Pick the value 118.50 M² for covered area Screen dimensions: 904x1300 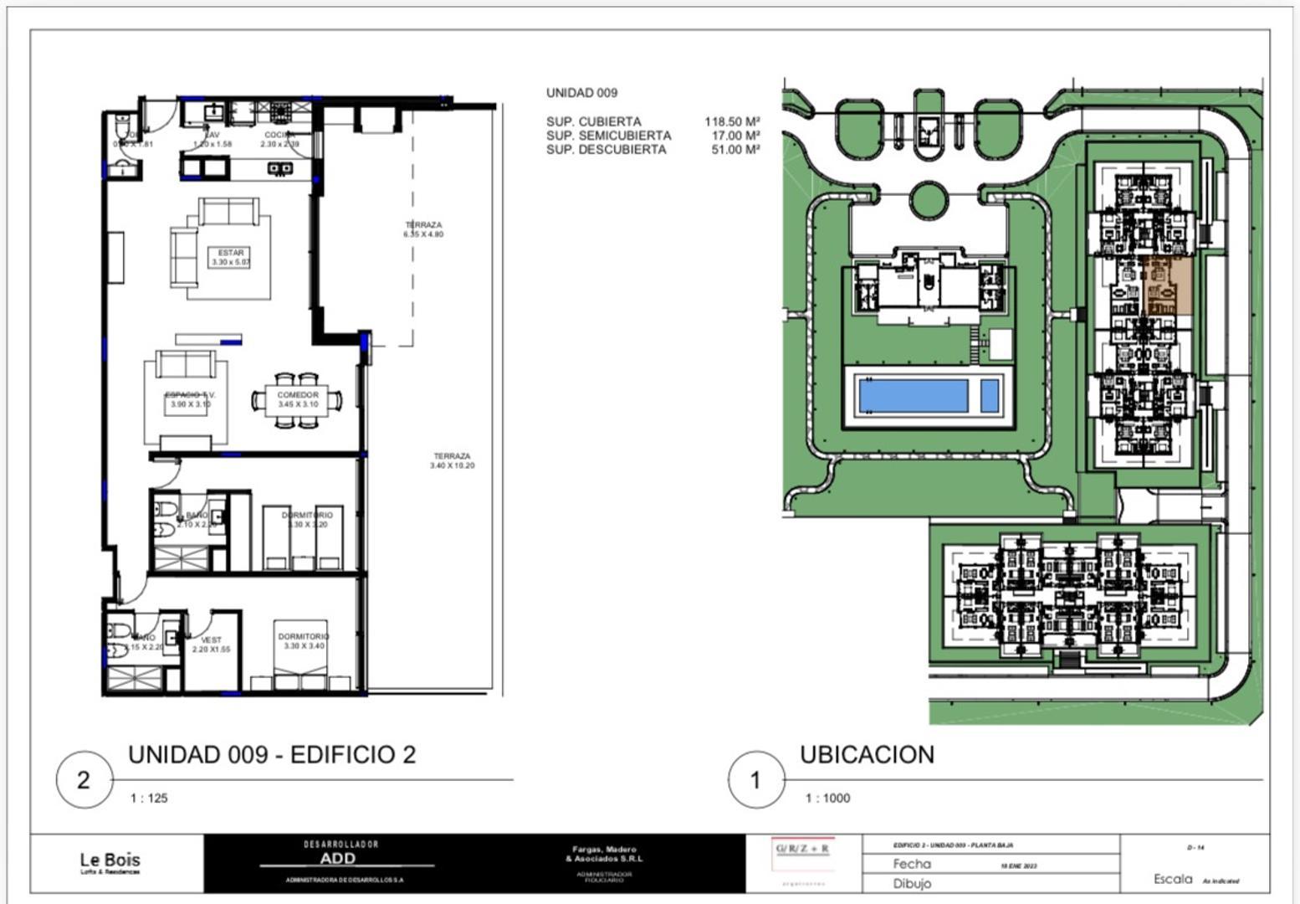click(x=732, y=121)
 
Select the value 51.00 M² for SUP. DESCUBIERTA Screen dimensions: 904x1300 click(x=735, y=150)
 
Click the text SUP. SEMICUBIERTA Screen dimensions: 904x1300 click(x=608, y=136)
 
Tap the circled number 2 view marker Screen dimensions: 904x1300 click(x=84, y=780)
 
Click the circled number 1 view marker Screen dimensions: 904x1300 click(x=755, y=780)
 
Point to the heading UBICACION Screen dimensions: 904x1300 click(x=867, y=755)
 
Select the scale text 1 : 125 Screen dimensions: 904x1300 click(x=149, y=799)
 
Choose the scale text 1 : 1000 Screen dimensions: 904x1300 click(x=827, y=799)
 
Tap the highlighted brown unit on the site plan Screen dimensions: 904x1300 click(x=1169, y=286)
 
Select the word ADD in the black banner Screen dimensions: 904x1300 click(x=337, y=858)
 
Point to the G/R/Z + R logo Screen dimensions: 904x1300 click(x=802, y=849)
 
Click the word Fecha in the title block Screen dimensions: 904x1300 click(x=911, y=864)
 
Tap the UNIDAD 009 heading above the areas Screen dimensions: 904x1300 click(x=581, y=93)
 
